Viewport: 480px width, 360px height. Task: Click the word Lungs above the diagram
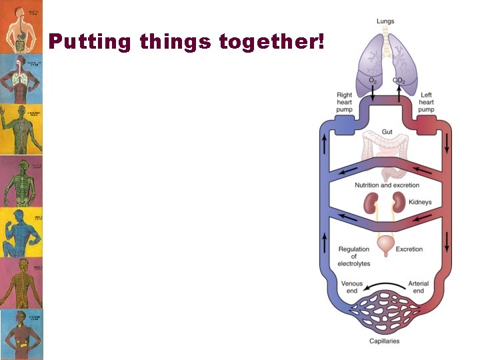[385, 22]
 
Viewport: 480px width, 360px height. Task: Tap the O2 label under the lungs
[372, 81]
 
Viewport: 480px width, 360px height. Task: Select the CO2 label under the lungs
[399, 81]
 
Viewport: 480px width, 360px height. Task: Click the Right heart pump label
[345, 102]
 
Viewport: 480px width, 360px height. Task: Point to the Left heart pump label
[426, 102]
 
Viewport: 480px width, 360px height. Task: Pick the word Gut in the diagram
[387, 132]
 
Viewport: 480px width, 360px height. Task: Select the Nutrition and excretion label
[387, 185]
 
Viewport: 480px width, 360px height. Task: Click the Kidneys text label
[420, 202]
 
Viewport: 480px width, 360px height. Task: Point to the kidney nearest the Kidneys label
[399, 203]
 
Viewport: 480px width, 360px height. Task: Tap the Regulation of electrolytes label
[354, 257]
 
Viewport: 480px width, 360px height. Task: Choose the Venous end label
[352, 287]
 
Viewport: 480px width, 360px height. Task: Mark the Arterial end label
[419, 287]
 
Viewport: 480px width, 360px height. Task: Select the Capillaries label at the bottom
[385, 341]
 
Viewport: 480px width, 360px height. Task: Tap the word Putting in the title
[91, 43]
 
